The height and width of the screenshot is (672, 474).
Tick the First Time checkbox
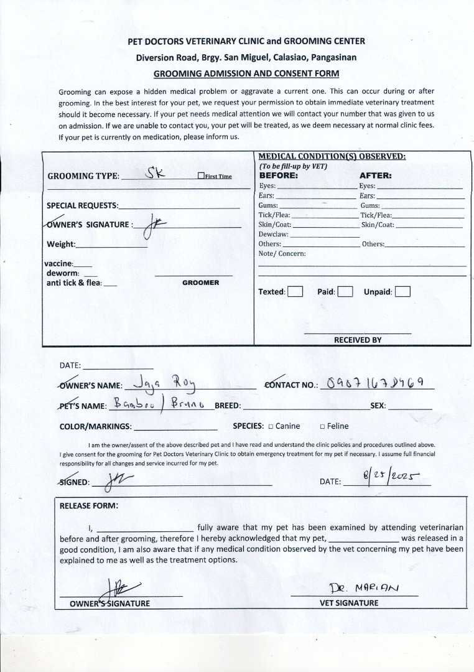point(201,176)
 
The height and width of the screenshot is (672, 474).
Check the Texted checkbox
point(295,292)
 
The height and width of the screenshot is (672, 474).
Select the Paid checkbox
point(346,292)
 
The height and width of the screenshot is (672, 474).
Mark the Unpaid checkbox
point(402,292)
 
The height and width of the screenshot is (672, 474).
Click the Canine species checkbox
point(271,427)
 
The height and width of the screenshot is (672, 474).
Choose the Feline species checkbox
point(322,427)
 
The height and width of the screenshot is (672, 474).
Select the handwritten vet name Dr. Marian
point(365,587)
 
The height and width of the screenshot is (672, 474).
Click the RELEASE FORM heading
point(88,506)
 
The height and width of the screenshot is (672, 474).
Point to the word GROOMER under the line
point(200,283)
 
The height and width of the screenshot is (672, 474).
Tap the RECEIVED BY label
point(358,340)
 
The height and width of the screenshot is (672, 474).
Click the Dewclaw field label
point(274,235)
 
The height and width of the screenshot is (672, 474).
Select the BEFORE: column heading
point(279,176)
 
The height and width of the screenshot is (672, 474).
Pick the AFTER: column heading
point(375,176)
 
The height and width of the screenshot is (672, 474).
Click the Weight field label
point(61,245)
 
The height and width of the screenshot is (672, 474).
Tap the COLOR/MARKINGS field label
point(95,427)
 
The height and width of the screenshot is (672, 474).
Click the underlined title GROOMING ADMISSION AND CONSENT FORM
point(246,73)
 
